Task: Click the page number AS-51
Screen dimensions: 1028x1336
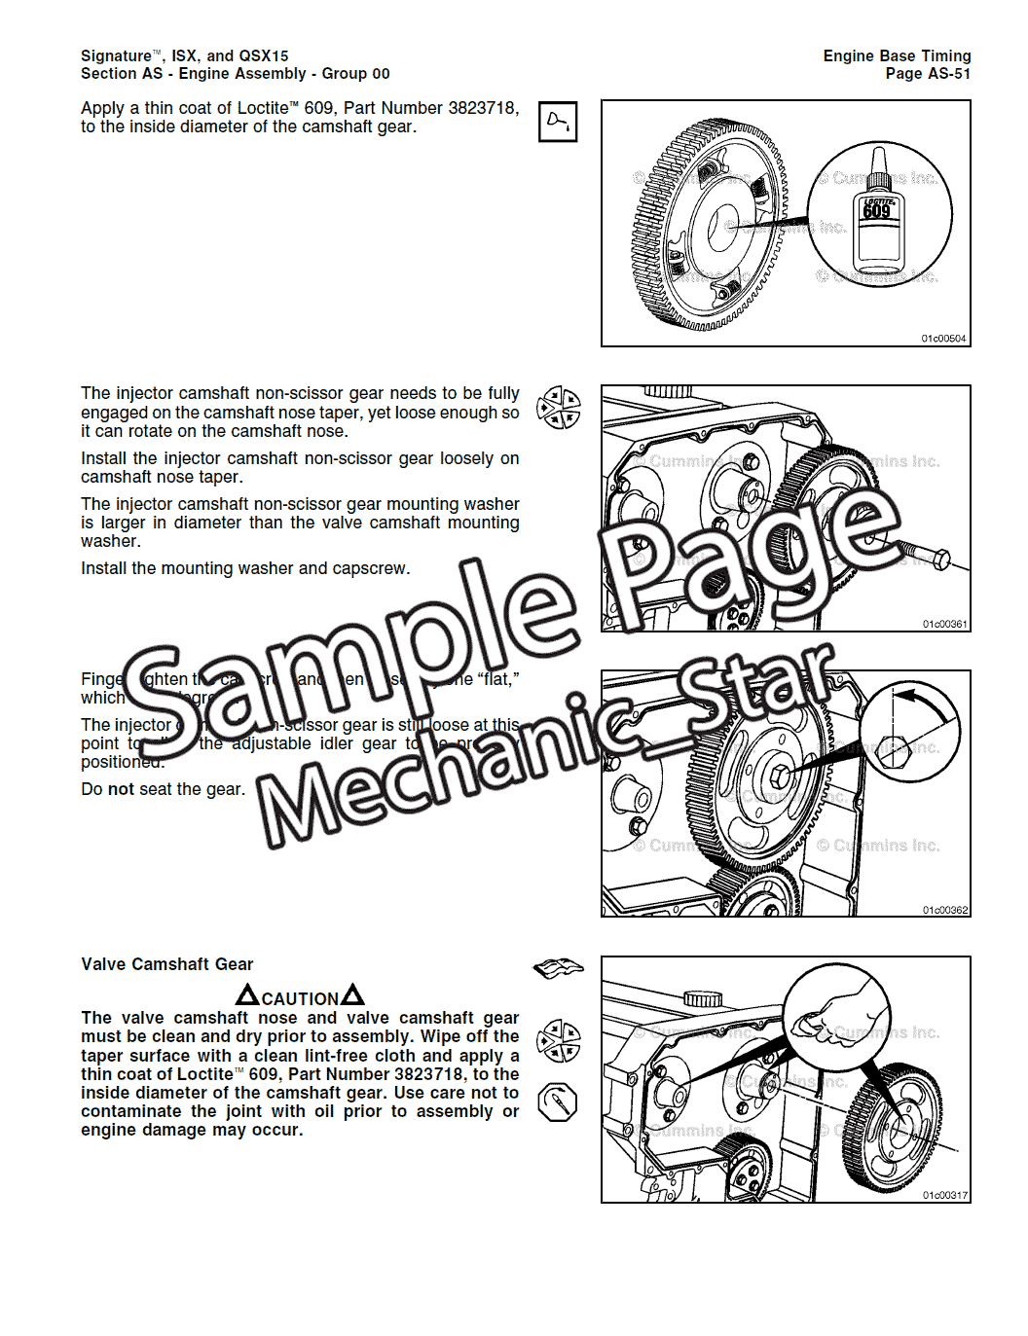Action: (948, 74)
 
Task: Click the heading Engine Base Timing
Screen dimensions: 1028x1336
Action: (897, 56)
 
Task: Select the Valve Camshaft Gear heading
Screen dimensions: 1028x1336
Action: (166, 964)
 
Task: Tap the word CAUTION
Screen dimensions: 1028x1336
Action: (300, 999)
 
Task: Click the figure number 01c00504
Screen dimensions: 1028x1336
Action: (943, 339)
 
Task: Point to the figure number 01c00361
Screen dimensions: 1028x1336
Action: (944, 624)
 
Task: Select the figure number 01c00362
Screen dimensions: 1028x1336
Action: (944, 910)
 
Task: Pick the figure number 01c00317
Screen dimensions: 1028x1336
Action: (944, 1195)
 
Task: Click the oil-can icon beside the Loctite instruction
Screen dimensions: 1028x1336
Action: (558, 122)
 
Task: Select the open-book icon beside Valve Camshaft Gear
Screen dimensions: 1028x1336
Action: (558, 967)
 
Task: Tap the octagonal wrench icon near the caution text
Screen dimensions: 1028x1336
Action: (558, 1102)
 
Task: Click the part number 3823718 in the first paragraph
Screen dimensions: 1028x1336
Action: (483, 108)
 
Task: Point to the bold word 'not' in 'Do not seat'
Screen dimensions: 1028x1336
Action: (121, 789)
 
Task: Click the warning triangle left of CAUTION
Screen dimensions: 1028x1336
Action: (247, 995)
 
